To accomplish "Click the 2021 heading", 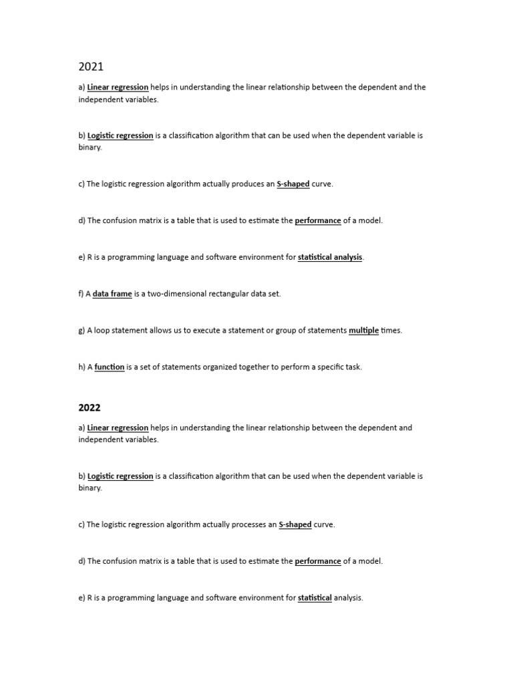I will pyautogui.click(x=91, y=66).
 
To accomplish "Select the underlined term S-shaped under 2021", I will pyautogui.click(x=293, y=184).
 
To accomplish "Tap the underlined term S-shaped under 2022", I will pyautogui.click(x=295, y=524).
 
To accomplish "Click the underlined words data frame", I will pyautogui.click(x=112, y=294).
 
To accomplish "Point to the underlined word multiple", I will pyautogui.click(x=364, y=330).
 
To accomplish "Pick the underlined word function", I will pyautogui.click(x=110, y=367).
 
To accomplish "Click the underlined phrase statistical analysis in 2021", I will pyautogui.click(x=331, y=257).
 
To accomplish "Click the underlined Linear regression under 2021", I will pyautogui.click(x=118, y=87).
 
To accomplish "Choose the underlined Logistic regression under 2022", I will pyautogui.click(x=120, y=476).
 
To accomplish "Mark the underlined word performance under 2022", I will pyautogui.click(x=318, y=561).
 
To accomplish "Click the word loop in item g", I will pyautogui.click(x=102, y=330).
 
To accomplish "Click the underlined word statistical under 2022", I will pyautogui.click(x=315, y=598).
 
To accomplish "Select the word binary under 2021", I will pyautogui.click(x=90, y=147).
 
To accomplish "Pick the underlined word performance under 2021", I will pyautogui.click(x=318, y=220).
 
